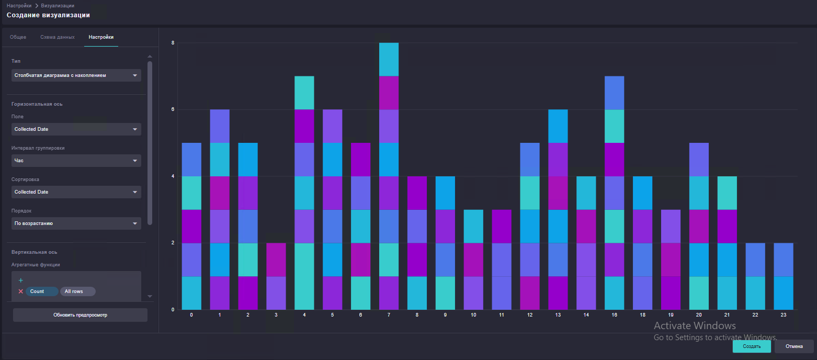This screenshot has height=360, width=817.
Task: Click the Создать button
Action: point(751,346)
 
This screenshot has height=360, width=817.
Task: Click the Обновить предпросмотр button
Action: point(80,315)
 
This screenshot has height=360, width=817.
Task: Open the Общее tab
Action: point(18,37)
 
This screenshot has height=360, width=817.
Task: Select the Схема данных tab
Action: point(57,37)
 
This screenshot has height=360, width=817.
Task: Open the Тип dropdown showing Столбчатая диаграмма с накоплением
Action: point(76,75)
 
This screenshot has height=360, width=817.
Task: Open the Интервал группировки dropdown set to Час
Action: point(76,161)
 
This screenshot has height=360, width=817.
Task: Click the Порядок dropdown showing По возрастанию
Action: point(76,223)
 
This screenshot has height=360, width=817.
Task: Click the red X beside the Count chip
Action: point(21,291)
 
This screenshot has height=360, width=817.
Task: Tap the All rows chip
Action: point(78,291)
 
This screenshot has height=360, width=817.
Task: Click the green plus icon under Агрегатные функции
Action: point(21,280)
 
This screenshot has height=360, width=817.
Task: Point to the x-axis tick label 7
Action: point(389,315)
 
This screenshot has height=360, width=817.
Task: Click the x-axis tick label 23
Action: point(784,315)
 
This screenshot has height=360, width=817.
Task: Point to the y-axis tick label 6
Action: point(173,109)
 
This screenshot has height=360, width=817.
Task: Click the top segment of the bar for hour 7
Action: point(389,60)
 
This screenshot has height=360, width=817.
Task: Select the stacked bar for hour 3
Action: point(276,276)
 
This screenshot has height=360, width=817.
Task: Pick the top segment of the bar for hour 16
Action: point(614,93)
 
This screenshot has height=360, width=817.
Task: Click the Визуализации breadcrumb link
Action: point(57,5)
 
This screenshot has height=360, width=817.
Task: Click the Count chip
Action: point(41,291)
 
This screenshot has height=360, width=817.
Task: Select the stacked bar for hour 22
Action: point(755,276)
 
